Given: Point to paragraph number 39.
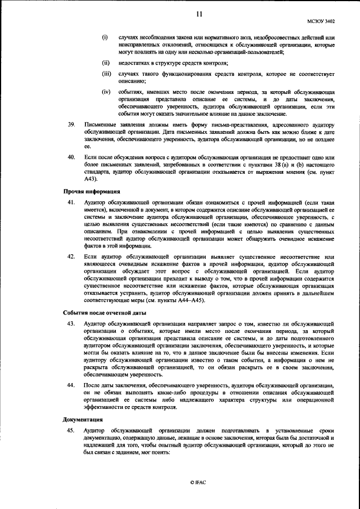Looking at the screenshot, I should point(71,123).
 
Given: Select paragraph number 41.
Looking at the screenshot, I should point(71,201).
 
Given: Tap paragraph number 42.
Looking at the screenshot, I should point(71,256).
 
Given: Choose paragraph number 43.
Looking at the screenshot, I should point(71,323).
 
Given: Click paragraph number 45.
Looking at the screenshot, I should point(71,430).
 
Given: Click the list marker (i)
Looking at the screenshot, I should point(104,37).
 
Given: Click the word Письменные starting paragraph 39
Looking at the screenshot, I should point(100,123).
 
